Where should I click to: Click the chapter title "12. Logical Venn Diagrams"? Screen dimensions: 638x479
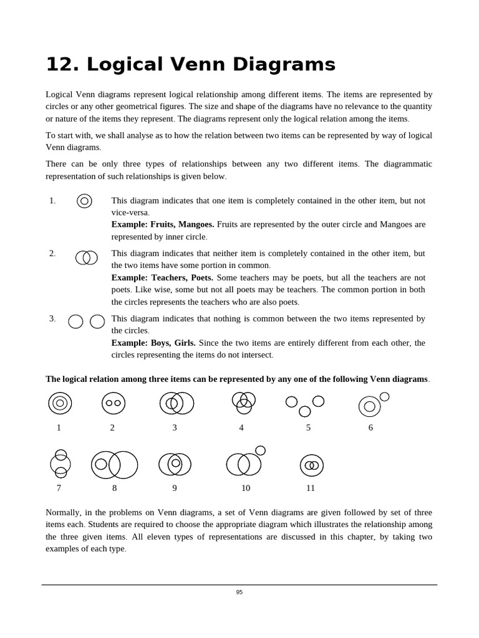(190, 64)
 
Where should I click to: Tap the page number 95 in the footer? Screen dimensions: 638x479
(239, 592)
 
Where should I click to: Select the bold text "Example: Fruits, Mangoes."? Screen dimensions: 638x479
(163, 224)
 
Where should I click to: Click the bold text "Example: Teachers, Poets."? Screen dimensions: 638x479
(162, 277)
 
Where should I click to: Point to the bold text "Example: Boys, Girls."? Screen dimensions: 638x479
(153, 343)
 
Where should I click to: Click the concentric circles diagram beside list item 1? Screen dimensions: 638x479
(84, 201)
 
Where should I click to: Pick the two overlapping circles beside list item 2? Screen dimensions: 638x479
(87, 257)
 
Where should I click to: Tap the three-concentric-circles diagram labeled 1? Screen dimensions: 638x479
(60, 403)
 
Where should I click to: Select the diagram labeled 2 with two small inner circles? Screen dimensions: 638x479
(114, 403)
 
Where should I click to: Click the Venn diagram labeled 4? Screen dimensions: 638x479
(243, 402)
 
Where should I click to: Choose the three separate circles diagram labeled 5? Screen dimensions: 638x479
(304, 405)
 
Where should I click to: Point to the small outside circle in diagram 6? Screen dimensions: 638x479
(384, 396)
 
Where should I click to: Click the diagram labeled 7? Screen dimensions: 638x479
(60, 464)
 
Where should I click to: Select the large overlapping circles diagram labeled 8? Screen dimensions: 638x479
(115, 465)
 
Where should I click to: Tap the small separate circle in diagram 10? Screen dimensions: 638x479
(260, 450)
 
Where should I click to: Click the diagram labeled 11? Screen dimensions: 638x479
(311, 465)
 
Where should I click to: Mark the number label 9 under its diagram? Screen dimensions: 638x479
(175, 488)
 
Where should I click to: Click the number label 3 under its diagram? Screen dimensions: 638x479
(175, 428)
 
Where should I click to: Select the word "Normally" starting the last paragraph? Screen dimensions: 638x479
(63, 512)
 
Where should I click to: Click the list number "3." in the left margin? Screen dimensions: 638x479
(52, 318)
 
